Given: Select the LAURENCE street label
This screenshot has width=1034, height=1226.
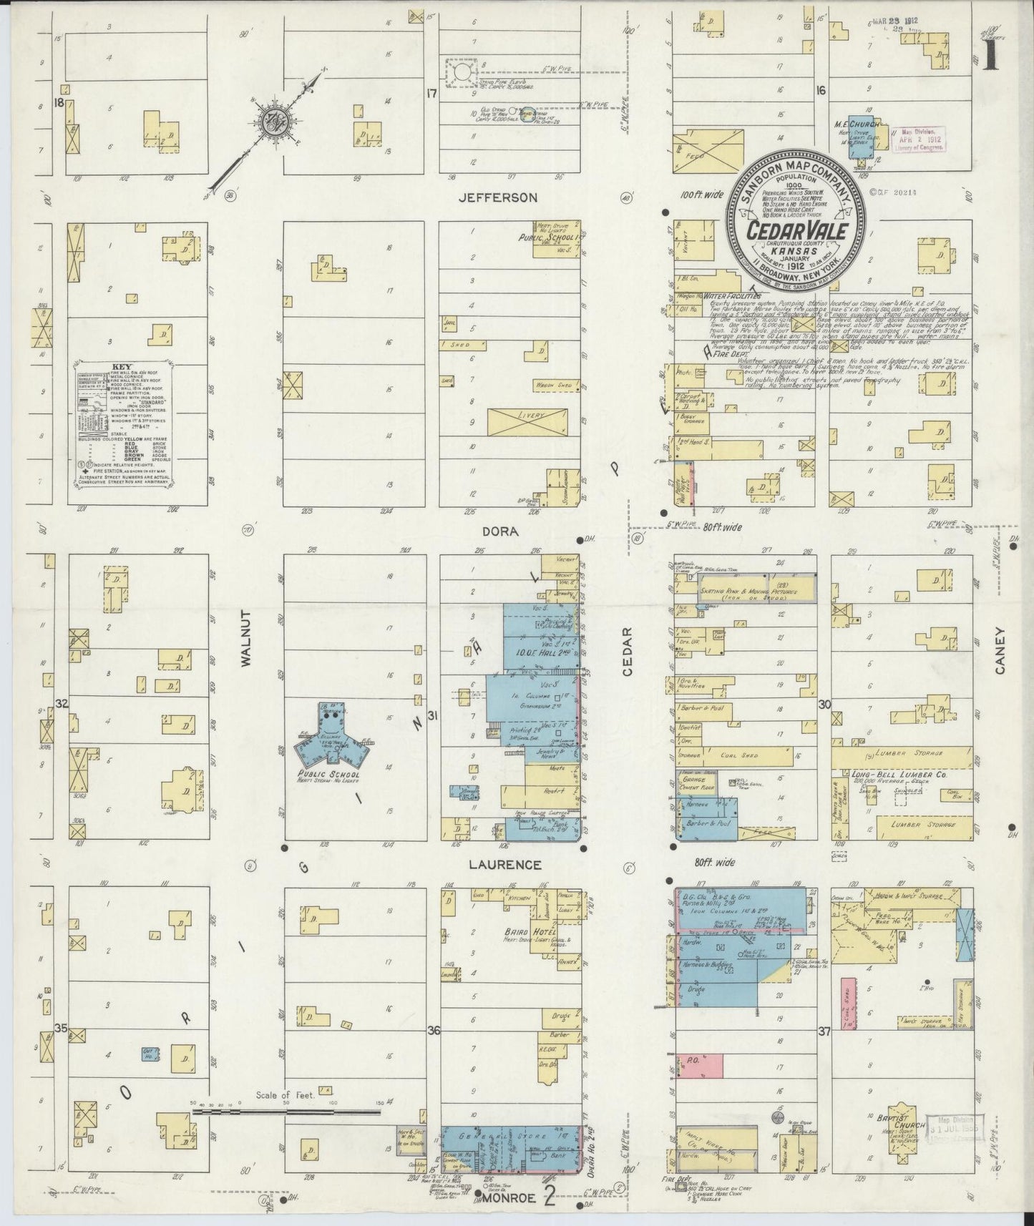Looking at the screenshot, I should click(x=504, y=865).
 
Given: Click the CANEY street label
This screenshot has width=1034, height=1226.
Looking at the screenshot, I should click(x=1000, y=652).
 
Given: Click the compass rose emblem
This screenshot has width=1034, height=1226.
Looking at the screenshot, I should click(x=273, y=119).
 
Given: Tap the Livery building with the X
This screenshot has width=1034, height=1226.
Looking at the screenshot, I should click(x=527, y=421).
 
